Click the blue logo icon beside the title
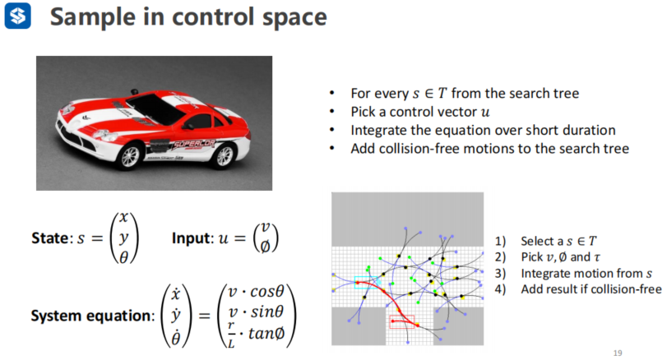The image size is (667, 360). click(17, 16)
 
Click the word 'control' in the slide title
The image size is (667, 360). click(214, 17)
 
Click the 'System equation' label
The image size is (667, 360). click(90, 316)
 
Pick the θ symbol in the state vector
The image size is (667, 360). click(124, 258)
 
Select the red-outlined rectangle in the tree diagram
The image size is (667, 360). click(402, 322)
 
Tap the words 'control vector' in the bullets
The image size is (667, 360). click(419, 112)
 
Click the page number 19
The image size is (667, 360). click(618, 353)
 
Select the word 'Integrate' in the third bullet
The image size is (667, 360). click(379, 130)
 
